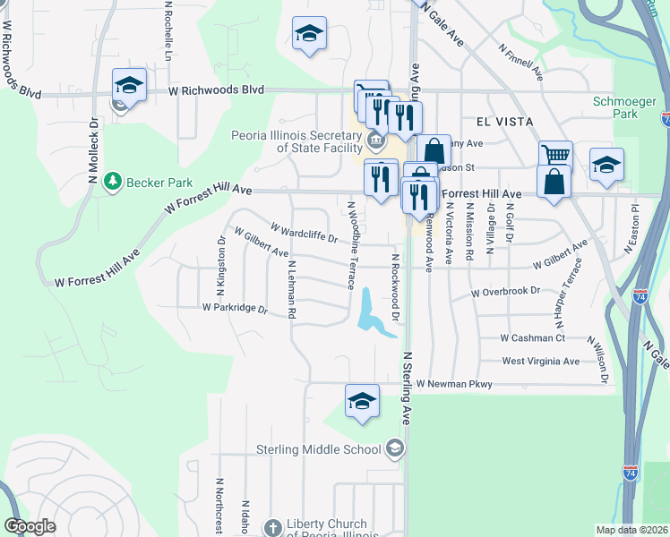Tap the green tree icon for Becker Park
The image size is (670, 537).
[x=113, y=182]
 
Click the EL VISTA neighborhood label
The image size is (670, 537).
[x=497, y=122]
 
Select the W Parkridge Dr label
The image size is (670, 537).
[x=235, y=308]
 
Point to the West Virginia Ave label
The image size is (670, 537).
[x=541, y=362]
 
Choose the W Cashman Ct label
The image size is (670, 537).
[x=533, y=338]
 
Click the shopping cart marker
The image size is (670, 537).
[x=555, y=154]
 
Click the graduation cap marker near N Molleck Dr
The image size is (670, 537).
[x=129, y=85]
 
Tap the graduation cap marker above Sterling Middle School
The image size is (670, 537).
[x=362, y=400]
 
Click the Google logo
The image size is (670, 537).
[x=30, y=526]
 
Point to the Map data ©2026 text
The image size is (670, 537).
[x=631, y=530]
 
